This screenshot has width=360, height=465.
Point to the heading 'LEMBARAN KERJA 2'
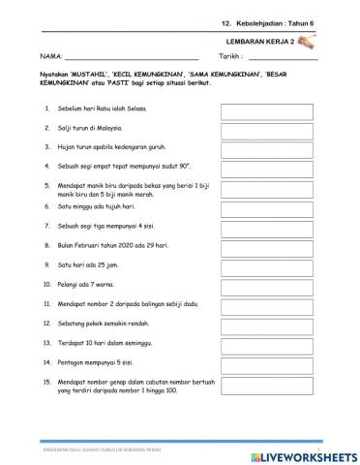pyautogui.click(x=261, y=42)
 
